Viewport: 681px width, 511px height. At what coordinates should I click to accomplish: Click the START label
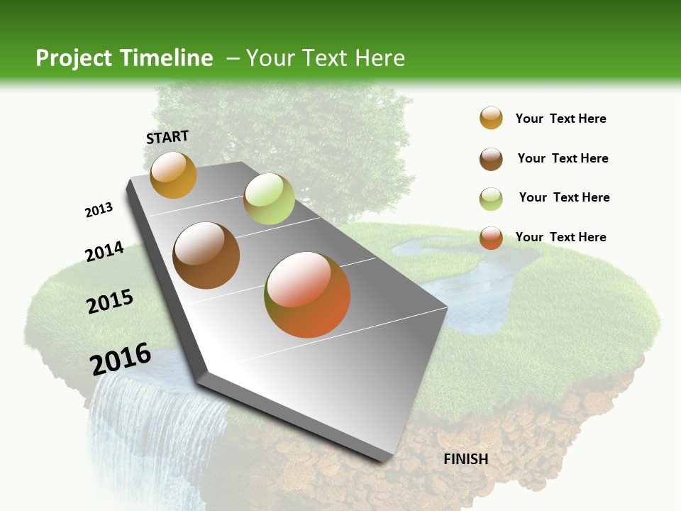coord(167,137)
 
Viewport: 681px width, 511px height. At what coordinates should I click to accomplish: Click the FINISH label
coord(466,459)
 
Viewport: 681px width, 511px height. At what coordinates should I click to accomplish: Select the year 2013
coord(99,210)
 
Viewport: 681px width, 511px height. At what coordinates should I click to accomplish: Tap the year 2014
coord(104,251)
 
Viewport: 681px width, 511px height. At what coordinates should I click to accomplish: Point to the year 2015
coord(110,302)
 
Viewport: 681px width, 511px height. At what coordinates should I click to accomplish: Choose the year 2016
coord(121,359)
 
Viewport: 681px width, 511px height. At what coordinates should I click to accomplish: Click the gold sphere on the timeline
coord(173,175)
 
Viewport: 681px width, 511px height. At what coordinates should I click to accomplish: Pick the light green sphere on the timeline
coord(269,199)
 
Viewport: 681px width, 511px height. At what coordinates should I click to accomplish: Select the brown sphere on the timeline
coord(206,255)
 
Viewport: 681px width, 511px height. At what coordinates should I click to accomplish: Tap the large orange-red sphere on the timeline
coord(307,295)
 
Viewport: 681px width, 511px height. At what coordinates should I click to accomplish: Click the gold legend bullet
coord(491,119)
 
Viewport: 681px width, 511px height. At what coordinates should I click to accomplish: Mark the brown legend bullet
coord(491,159)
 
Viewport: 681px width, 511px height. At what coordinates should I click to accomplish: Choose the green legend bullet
coord(491,199)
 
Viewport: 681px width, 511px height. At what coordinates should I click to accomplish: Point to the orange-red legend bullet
coord(491,238)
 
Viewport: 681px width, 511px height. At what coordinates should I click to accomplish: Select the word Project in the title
coord(73,58)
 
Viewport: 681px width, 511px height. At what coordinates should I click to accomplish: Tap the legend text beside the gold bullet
coord(560,119)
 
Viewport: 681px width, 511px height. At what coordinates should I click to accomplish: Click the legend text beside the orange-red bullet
coord(560,237)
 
